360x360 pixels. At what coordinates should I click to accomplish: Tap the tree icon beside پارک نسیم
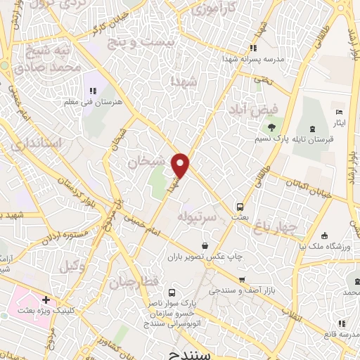point(271,127)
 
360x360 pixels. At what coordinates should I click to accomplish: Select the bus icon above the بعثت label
point(240,207)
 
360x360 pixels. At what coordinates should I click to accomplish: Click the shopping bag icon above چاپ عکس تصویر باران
point(205,245)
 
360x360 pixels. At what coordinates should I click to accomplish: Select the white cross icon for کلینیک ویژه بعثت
point(45,300)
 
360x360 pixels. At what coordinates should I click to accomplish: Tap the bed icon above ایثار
point(339,112)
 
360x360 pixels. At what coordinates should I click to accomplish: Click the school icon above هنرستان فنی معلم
point(92,91)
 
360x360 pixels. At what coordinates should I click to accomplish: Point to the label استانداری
point(37,144)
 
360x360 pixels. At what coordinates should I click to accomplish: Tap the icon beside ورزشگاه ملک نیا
point(324,236)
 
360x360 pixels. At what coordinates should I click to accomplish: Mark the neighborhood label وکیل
point(72,266)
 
